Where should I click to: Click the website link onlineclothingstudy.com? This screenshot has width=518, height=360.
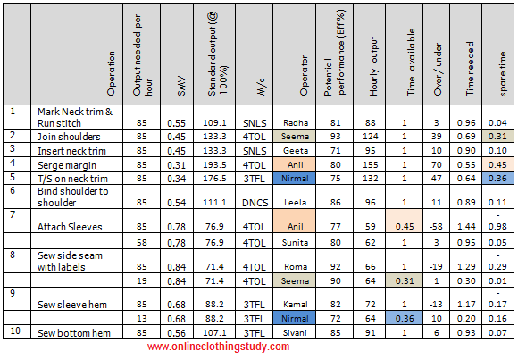[218, 347]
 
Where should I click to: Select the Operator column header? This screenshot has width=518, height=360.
[304, 76]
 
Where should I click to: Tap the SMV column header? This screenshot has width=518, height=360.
[181, 87]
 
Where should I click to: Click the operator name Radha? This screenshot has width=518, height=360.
[296, 123]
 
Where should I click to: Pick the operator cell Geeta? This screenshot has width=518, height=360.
[296, 151]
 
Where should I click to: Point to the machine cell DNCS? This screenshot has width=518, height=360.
[255, 202]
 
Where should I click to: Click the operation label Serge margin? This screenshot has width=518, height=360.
[67, 165]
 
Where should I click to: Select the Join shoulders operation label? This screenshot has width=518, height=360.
[69, 137]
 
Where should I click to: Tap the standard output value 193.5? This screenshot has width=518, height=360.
[214, 165]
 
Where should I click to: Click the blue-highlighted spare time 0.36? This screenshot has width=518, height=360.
[497, 178]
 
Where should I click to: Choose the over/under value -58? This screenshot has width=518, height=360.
[436, 226]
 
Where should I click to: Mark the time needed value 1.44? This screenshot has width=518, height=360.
[466, 226]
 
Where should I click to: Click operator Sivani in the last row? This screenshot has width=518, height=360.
[296, 332]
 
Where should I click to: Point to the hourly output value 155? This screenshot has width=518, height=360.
[370, 165]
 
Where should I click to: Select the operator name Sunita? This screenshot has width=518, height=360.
[296, 242]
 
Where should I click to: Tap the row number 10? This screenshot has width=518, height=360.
[15, 331]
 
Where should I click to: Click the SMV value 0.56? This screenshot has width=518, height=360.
[177, 333]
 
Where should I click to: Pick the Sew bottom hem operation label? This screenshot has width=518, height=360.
[74, 333]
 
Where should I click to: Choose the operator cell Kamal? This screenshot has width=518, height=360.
[296, 304]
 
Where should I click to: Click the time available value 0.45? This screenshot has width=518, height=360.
[405, 226]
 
